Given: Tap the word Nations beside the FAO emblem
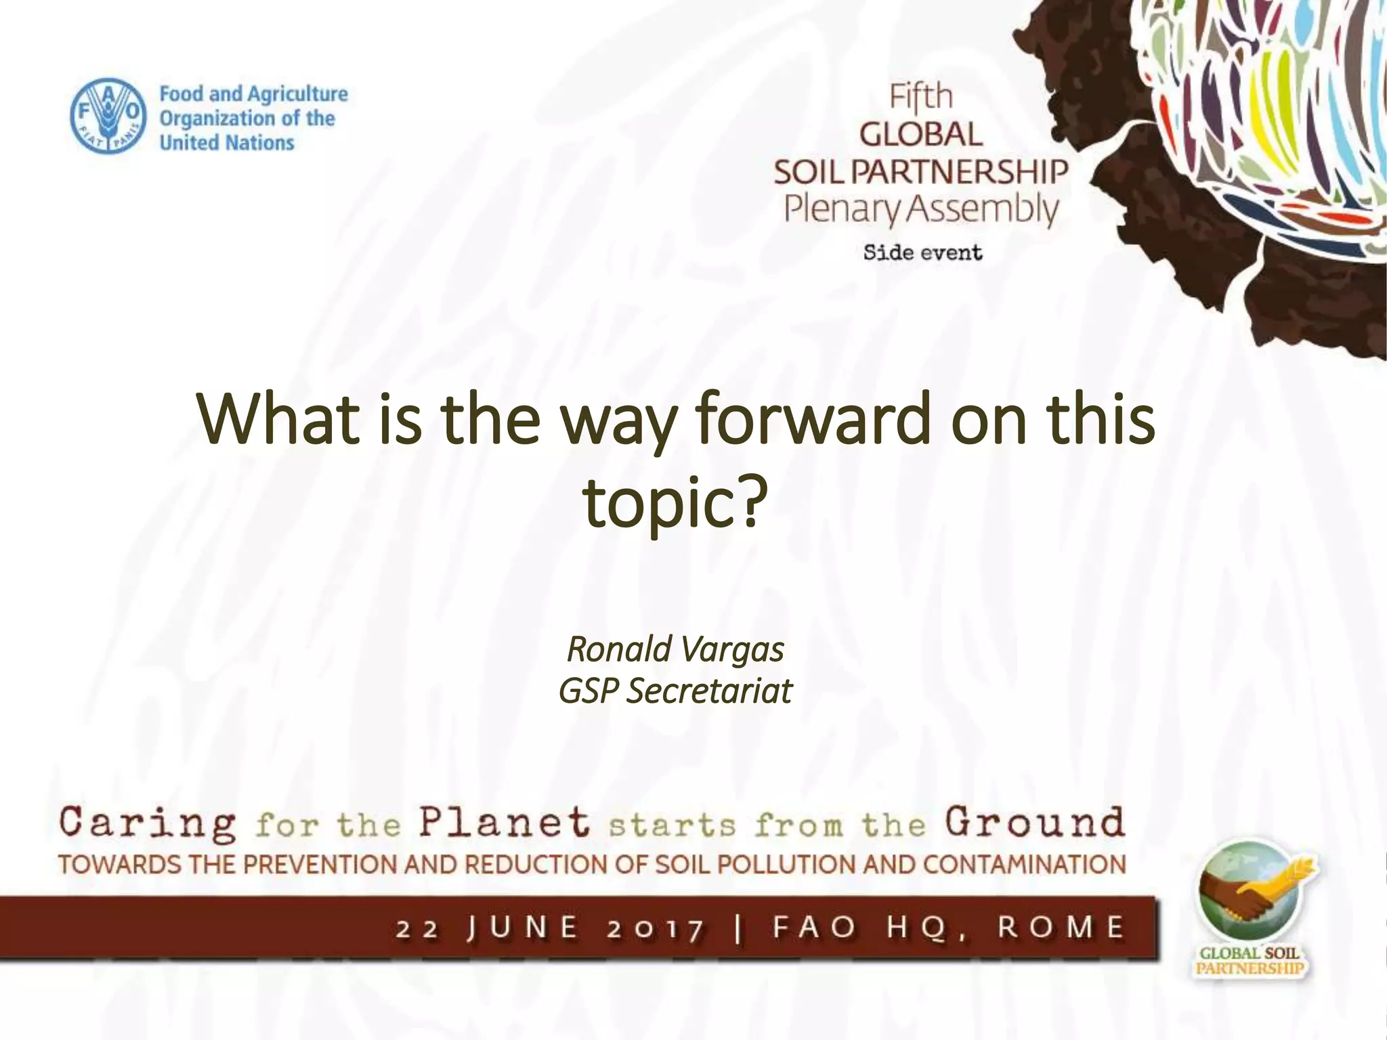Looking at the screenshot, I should click(260, 143).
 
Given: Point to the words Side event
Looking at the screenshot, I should click(922, 253).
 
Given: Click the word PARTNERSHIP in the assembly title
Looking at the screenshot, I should click(959, 172).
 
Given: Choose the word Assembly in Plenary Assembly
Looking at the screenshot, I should click(981, 210).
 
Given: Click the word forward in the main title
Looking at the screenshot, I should click(813, 420).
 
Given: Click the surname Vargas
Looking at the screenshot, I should click(732, 649).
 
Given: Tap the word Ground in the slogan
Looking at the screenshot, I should click(1036, 823).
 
